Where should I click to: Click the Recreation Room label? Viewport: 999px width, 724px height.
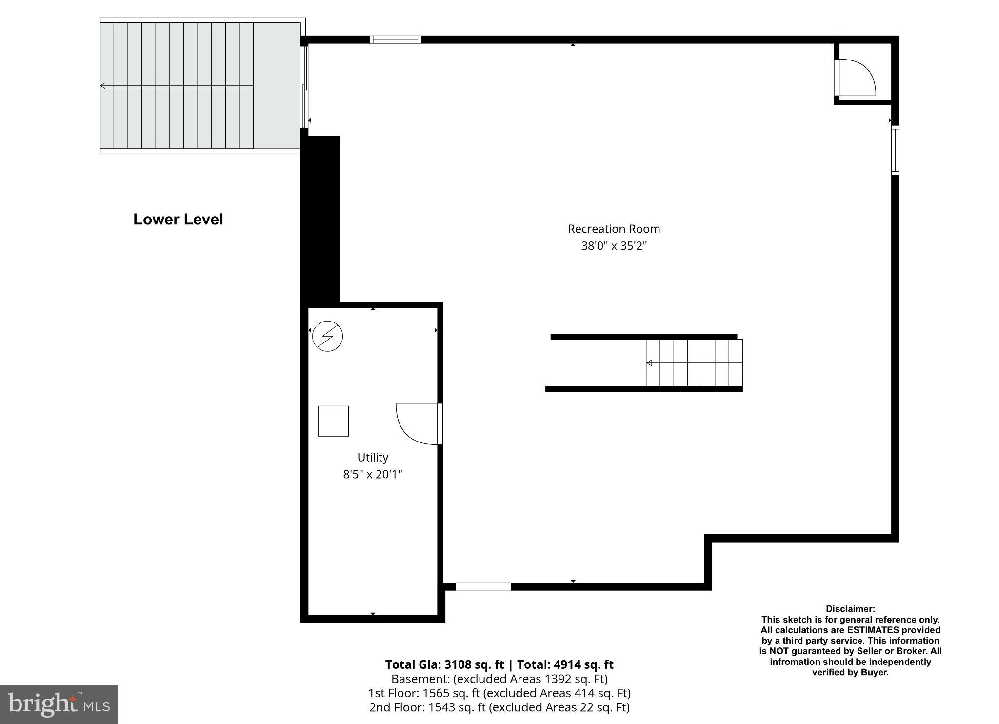(613, 229)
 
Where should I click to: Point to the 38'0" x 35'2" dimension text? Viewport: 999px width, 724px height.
(613, 246)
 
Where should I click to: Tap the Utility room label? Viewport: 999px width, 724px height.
(373, 457)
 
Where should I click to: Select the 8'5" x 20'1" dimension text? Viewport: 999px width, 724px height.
(373, 474)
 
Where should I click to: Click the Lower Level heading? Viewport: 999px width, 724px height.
(178, 220)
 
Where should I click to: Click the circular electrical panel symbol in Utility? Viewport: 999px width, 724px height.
(327, 336)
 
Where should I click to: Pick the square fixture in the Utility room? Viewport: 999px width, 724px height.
(333, 421)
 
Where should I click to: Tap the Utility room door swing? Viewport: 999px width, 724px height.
(415, 422)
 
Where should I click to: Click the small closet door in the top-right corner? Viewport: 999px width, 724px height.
(856, 77)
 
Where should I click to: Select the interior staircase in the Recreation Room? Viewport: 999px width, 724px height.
(694, 363)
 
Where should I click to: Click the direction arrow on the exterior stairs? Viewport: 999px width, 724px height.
(103, 86)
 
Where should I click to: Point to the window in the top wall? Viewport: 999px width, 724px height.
(395, 40)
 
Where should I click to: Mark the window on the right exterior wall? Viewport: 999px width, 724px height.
(895, 150)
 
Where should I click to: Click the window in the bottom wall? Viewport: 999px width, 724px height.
(483, 586)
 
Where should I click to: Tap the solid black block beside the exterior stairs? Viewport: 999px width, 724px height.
(320, 220)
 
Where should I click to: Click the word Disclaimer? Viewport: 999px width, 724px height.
(850, 609)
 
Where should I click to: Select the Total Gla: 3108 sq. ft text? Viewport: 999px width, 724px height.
(444, 664)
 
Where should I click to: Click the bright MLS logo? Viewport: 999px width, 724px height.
(59, 704)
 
